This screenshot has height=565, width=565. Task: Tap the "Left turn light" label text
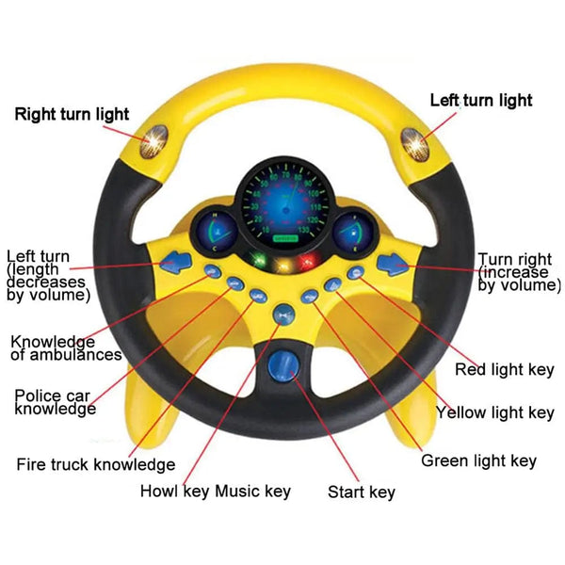tap(480, 100)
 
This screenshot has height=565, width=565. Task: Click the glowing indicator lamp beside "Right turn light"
tap(151, 143)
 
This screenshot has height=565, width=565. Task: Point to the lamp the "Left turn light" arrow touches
tap(413, 143)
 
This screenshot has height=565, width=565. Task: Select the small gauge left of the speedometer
tap(216, 231)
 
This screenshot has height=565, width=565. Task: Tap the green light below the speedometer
tap(257, 262)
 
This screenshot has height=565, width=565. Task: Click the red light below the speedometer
tap(304, 262)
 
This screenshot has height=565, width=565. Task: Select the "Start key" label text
tap(362, 492)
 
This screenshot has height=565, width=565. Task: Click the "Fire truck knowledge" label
tap(96, 464)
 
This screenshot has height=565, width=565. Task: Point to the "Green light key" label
tap(478, 460)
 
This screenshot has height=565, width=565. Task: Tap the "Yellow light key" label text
tap(494, 412)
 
